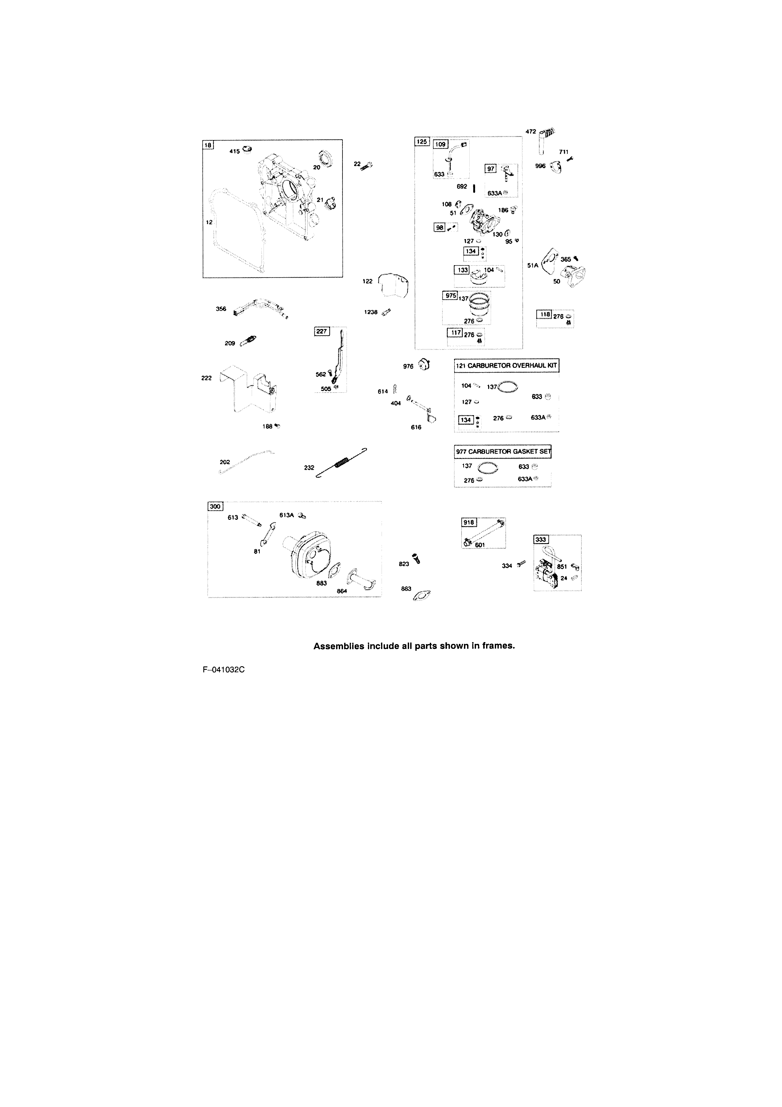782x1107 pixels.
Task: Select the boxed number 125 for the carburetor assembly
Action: click(422, 142)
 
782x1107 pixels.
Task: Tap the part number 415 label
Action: click(234, 151)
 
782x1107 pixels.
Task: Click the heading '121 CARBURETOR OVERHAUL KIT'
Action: click(506, 365)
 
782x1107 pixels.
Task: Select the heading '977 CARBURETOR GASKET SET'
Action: click(503, 452)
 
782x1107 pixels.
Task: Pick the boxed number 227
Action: click(322, 331)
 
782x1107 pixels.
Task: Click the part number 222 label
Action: click(206, 378)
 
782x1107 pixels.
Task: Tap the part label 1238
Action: click(371, 312)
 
